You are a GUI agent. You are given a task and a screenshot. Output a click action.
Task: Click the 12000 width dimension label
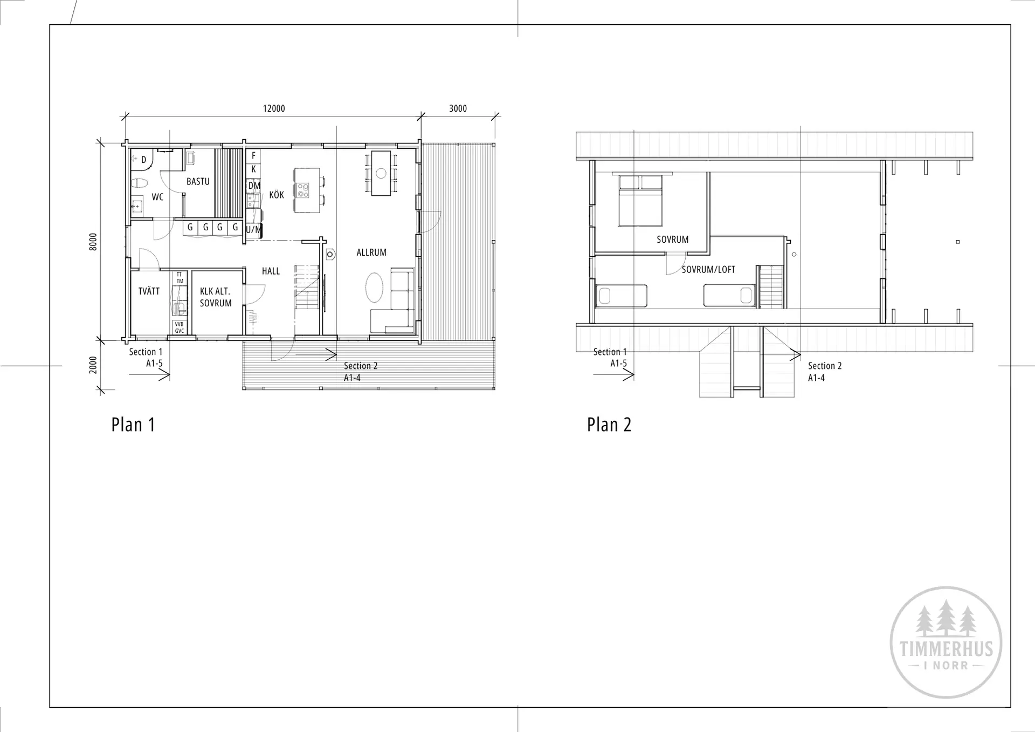tap(274, 108)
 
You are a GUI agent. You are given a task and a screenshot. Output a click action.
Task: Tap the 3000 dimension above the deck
tap(458, 108)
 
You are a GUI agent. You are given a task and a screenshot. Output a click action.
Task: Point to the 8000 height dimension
tap(93, 242)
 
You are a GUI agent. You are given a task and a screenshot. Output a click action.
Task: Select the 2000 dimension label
tap(93, 365)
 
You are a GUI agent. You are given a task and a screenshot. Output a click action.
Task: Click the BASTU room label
tap(198, 182)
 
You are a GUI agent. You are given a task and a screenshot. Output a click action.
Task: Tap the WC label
tap(157, 197)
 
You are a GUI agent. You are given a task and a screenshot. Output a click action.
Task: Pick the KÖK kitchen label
tap(277, 194)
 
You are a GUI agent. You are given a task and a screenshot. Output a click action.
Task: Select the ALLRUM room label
tap(371, 252)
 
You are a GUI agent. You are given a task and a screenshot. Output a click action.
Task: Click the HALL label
tap(271, 271)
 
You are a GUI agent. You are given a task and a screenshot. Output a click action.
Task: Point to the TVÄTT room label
tap(149, 291)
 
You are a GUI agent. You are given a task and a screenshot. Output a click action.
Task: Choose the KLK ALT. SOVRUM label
tap(216, 297)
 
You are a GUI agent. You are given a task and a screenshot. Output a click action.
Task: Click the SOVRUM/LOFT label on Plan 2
tap(708, 270)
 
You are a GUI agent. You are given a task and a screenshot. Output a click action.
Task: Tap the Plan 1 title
tap(133, 425)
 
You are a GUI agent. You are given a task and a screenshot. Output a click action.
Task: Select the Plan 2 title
tap(609, 425)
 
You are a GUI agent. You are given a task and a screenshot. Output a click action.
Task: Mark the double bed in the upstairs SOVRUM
tap(640, 200)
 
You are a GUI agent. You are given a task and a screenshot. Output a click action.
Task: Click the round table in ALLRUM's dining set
tap(381, 173)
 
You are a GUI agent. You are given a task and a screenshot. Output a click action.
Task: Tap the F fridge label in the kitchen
tap(254, 156)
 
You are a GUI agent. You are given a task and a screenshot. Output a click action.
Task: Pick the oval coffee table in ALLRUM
tap(375, 288)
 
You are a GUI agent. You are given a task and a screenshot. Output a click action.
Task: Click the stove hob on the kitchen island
tap(302, 190)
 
